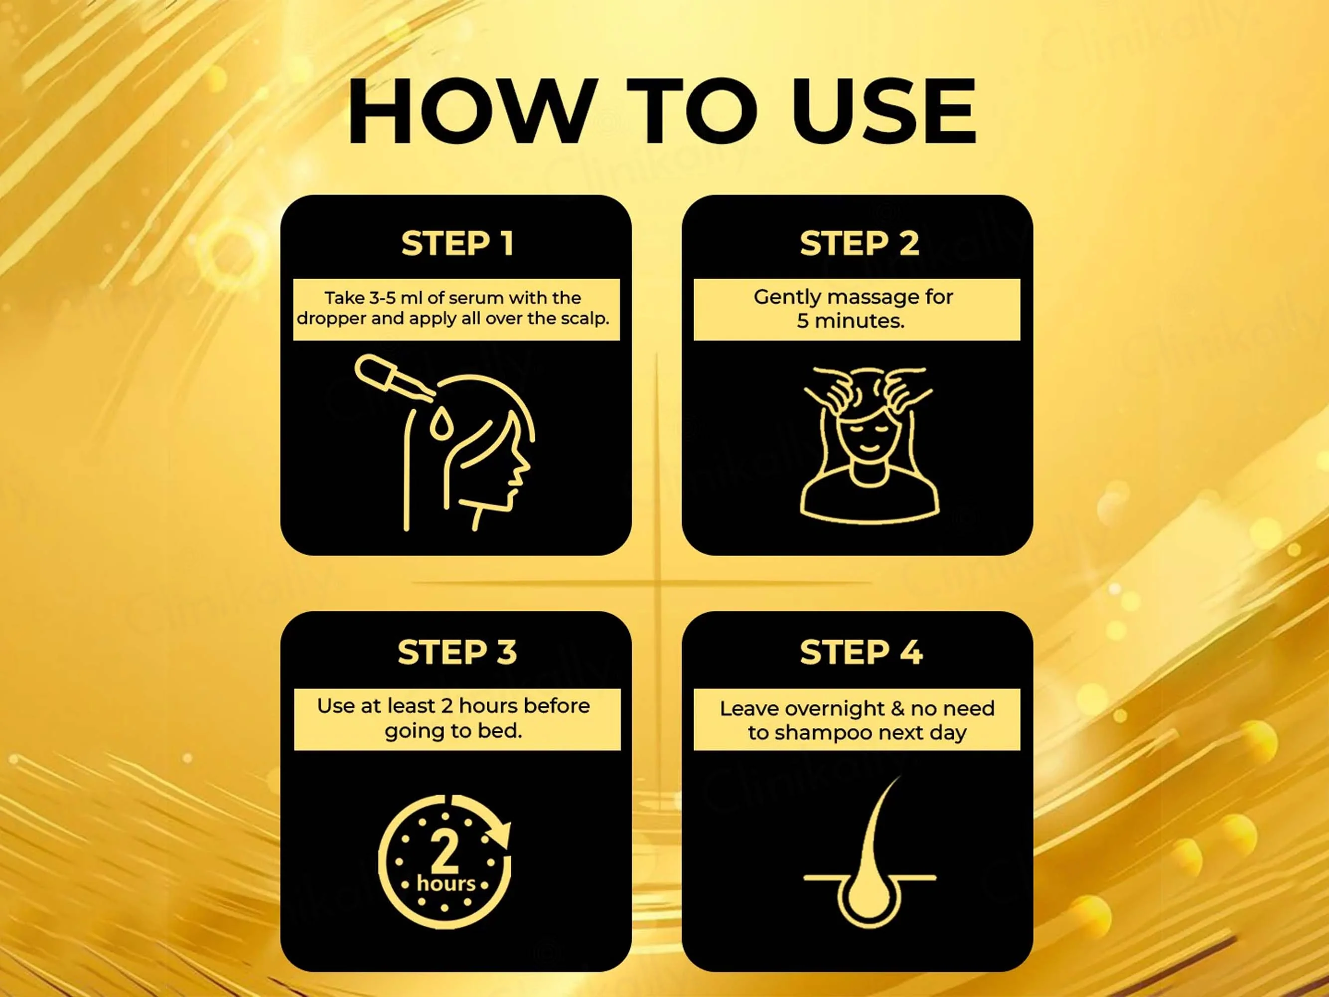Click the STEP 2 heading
click(859, 243)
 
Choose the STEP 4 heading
click(861, 652)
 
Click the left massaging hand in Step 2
click(832, 391)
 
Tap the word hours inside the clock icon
click(446, 883)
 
